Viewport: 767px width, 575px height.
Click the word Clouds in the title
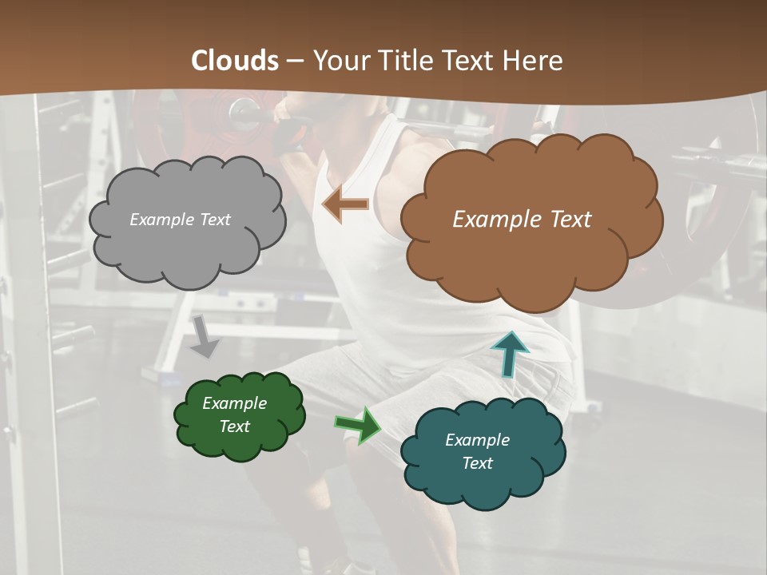coord(235,61)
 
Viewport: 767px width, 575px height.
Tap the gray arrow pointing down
coord(204,335)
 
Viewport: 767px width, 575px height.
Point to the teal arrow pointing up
coord(509,352)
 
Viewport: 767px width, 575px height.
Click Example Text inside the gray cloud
coord(180,220)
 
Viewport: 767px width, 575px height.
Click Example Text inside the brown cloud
coord(522,220)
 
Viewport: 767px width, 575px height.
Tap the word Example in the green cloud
coord(234,403)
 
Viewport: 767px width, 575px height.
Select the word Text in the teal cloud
coord(477,463)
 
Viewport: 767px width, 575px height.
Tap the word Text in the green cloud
coord(234,426)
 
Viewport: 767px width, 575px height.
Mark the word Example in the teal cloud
coord(477,440)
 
